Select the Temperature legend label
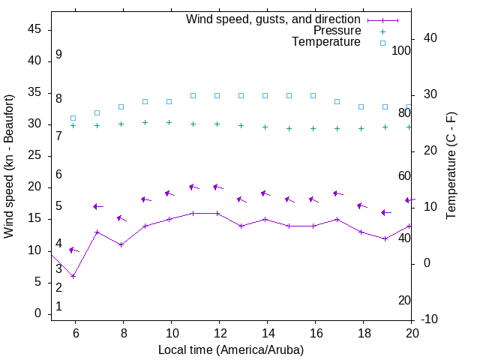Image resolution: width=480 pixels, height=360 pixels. coord(326,42)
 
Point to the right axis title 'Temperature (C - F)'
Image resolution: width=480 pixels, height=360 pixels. coord(451,166)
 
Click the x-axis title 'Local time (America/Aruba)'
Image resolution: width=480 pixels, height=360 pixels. coord(231,349)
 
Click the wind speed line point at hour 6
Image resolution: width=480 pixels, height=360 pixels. coord(73,276)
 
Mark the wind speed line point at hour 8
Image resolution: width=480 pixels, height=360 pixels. coord(121,244)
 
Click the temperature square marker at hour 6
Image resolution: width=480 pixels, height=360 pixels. coord(73,118)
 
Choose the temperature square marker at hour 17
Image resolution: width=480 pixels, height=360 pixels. coord(337,101)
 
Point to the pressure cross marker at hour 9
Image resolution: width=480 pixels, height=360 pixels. coord(145,122)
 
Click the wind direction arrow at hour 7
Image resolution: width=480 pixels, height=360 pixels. coord(97,206)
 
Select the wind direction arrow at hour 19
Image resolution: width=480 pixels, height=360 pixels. coord(386,212)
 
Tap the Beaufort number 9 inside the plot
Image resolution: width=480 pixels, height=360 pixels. coord(58,55)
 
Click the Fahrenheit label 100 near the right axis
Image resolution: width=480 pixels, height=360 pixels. coord(401,50)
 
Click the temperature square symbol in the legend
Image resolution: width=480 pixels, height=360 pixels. coord(382,43)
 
